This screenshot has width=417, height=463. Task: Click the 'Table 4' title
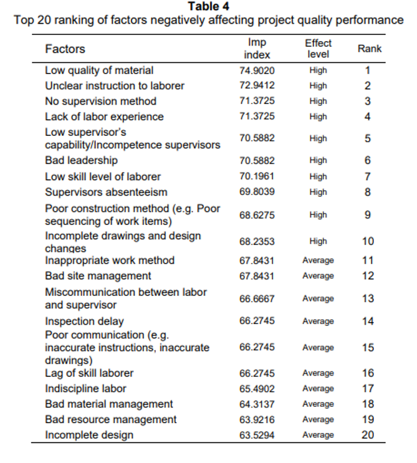[x=208, y=6]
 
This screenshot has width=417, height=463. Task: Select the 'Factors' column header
[x=65, y=49]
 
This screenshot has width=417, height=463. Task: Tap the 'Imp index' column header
[x=257, y=49]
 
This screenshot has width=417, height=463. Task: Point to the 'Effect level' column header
[x=318, y=49]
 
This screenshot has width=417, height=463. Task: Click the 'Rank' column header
[x=370, y=49]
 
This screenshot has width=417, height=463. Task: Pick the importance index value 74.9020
[x=257, y=70]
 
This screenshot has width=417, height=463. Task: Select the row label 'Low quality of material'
[x=99, y=70]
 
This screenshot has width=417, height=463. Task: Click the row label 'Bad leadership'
[x=81, y=160]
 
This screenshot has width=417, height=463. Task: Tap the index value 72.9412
[x=257, y=85]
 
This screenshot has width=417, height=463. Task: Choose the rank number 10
[x=368, y=241]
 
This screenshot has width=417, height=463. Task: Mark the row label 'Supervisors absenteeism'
[x=106, y=192]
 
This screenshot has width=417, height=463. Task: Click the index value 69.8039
[x=257, y=192]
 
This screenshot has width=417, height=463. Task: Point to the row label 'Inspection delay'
[x=85, y=322]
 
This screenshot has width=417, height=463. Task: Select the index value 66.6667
[x=257, y=299]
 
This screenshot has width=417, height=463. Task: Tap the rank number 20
[x=368, y=435]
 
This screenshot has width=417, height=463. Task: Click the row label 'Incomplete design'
[x=89, y=435]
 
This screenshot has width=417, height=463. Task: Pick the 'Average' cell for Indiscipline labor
[x=318, y=389]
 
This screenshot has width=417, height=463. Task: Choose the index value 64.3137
[x=257, y=404]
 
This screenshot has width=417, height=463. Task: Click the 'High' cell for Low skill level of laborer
[x=318, y=176]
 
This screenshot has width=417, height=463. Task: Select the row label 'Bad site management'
[x=98, y=276]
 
